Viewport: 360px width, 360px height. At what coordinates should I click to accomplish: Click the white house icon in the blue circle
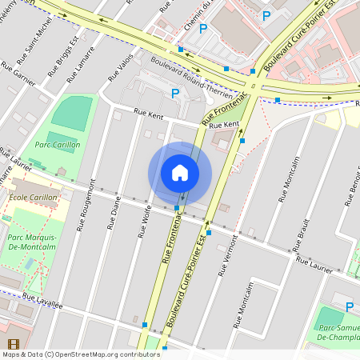pos(180,173)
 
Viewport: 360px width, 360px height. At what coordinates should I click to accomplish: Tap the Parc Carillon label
pos(57,145)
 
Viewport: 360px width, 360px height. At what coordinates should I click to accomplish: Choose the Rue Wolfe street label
pos(145,222)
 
